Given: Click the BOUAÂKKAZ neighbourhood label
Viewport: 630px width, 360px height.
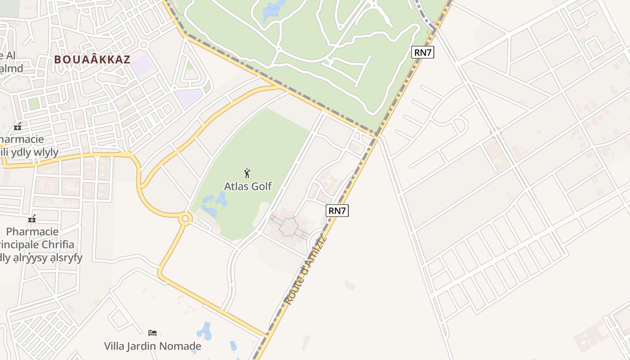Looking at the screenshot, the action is click(92, 59).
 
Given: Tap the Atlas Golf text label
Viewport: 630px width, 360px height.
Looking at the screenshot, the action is click(248, 186).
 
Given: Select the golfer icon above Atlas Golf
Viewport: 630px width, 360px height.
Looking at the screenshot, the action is click(247, 173).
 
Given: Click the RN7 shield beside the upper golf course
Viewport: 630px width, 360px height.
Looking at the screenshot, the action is click(423, 52).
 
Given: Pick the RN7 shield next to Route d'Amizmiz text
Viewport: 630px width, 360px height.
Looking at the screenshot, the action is click(337, 210).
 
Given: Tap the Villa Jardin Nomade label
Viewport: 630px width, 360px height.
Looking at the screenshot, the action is click(153, 346).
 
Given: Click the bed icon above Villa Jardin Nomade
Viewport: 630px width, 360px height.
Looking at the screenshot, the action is click(153, 333).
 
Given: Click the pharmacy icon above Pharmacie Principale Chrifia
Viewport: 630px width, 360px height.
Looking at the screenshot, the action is click(32, 219).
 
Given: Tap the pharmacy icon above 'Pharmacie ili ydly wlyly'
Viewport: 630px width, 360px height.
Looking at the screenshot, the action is click(18, 127).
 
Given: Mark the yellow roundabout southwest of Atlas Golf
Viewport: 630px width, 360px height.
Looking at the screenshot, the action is click(184, 219).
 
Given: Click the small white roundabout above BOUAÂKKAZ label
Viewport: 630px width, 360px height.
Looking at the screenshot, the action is click(144, 45).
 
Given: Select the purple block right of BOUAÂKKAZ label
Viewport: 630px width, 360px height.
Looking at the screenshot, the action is click(143, 66).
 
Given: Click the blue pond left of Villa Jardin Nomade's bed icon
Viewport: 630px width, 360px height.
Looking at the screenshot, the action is click(205, 331).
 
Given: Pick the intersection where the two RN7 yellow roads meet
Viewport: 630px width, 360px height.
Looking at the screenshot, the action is click(376, 135).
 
